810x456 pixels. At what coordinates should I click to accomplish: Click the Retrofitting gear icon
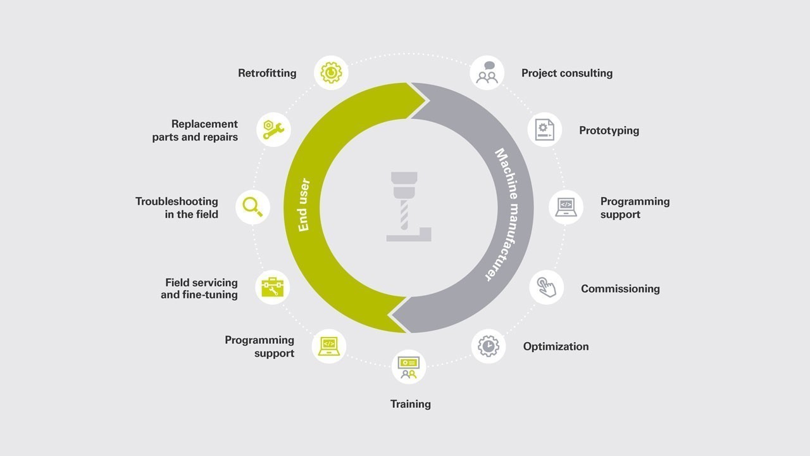[x=331, y=73]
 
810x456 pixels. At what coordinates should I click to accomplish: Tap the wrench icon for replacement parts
[x=274, y=130]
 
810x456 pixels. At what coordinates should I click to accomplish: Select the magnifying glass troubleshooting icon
[x=252, y=207]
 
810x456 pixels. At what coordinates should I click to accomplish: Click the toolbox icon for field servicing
[x=272, y=288]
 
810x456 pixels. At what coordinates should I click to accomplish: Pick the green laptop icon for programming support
[x=329, y=346]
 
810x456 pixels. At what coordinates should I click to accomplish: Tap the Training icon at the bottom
[x=409, y=367]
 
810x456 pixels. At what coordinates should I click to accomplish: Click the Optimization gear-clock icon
[x=488, y=346]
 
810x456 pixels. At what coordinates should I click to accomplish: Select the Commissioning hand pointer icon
[x=546, y=288]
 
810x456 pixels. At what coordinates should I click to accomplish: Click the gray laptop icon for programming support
[x=566, y=207]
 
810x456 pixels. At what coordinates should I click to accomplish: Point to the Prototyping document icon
[x=545, y=130]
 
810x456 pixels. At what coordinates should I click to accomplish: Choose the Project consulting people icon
[x=487, y=73]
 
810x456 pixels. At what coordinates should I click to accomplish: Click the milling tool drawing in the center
[x=409, y=206]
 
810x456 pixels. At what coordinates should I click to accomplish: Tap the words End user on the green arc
[x=304, y=205]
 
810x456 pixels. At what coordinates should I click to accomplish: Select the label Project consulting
[x=567, y=73]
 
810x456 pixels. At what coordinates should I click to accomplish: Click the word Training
[x=411, y=404]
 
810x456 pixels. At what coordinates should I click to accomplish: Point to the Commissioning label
[x=621, y=289]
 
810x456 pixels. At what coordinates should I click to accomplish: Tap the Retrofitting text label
[x=267, y=73]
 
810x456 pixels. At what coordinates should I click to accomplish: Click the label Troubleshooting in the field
[x=177, y=208]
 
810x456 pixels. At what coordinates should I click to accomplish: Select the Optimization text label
[x=556, y=346]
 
